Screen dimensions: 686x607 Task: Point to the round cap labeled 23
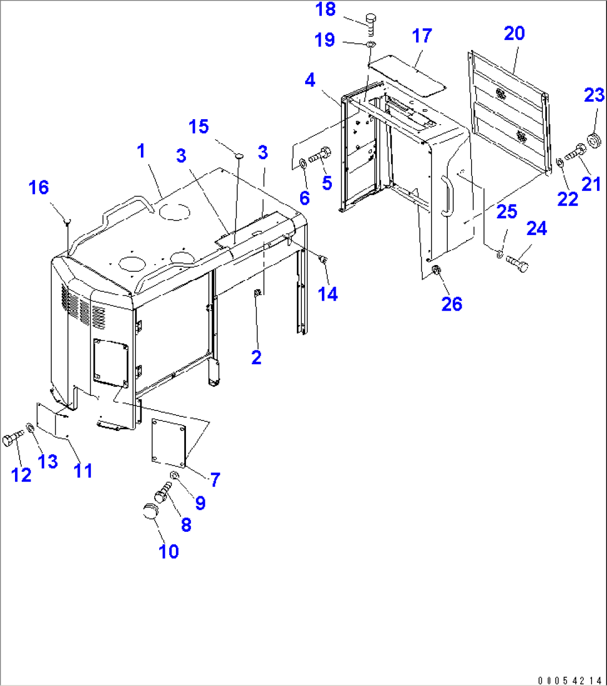(595, 139)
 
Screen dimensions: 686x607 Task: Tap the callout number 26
(452, 303)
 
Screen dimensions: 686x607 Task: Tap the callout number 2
(256, 357)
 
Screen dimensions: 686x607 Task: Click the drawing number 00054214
(571, 680)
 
